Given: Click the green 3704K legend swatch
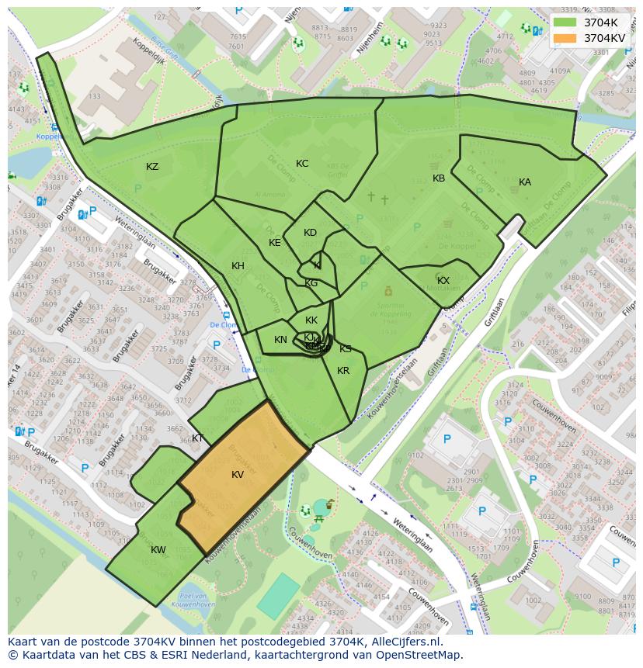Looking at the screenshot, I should pyautogui.click(x=566, y=22).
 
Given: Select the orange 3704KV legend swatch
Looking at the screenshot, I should pyautogui.click(x=566, y=38).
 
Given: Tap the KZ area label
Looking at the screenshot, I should pyautogui.click(x=152, y=167).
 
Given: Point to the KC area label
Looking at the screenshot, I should pyautogui.click(x=302, y=164).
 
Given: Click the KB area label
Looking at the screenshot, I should pyautogui.click(x=439, y=178).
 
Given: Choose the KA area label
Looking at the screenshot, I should pyautogui.click(x=525, y=182).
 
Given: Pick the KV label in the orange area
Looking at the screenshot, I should pyautogui.click(x=238, y=475).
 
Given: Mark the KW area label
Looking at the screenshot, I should pyautogui.click(x=158, y=550).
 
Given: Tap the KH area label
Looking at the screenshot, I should pyautogui.click(x=238, y=266).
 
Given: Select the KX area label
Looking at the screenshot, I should pyautogui.click(x=443, y=281).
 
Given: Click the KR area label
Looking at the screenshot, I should pyautogui.click(x=343, y=371).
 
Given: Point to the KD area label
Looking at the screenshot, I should pyautogui.click(x=310, y=233).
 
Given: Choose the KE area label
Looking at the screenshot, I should pyautogui.click(x=275, y=243).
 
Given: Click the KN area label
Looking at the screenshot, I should pyautogui.click(x=280, y=340).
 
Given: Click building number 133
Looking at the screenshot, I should pyautogui.click(x=94, y=96).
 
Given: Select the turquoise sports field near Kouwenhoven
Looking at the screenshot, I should pyautogui.click(x=278, y=596).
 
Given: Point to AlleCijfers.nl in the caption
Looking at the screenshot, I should pyautogui.click(x=405, y=642).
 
